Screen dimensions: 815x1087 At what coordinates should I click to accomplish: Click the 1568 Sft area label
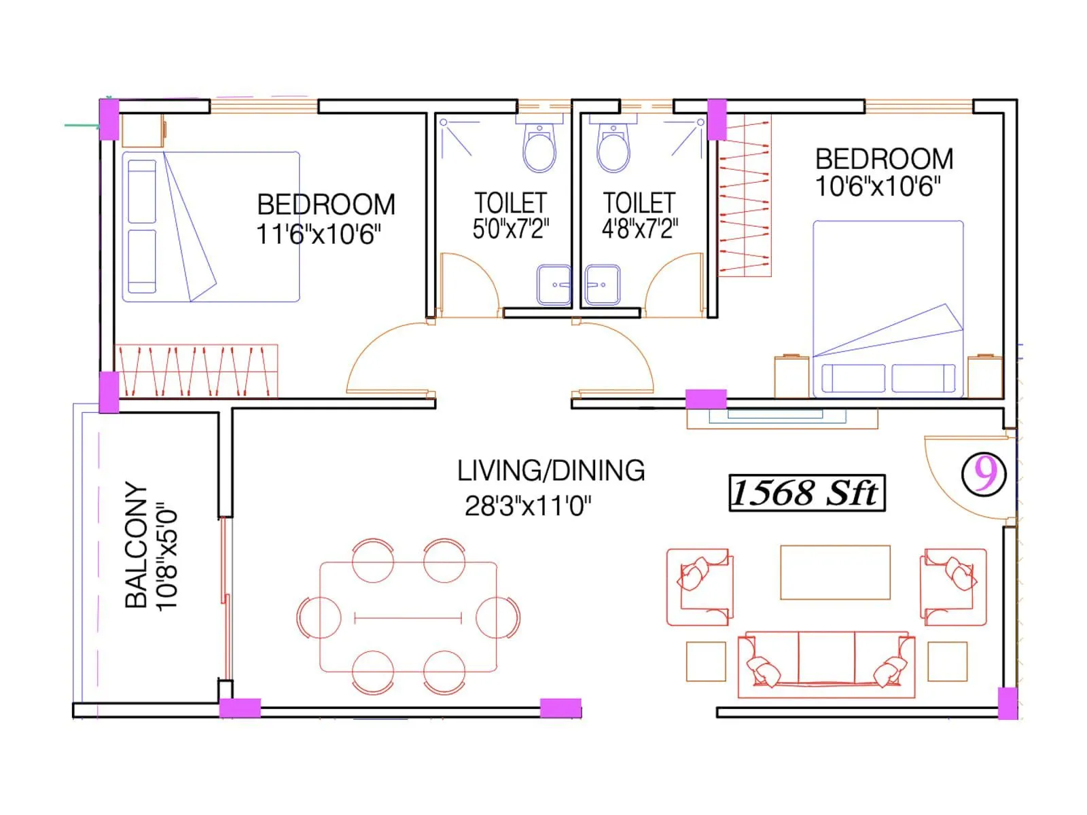click(x=806, y=492)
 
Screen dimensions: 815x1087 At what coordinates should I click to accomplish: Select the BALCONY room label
click(x=136, y=545)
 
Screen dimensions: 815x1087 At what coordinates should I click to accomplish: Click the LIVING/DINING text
click(x=550, y=471)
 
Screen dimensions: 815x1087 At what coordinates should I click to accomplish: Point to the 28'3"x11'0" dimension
click(x=528, y=506)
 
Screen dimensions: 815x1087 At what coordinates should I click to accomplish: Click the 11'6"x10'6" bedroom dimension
click(x=318, y=234)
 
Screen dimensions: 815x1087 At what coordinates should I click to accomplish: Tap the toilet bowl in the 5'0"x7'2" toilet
click(x=539, y=151)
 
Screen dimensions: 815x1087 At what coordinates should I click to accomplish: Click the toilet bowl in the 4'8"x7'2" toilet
click(x=613, y=151)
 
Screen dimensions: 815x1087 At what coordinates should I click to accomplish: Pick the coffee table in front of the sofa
click(x=835, y=572)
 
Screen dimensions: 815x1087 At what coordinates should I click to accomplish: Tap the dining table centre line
click(x=408, y=618)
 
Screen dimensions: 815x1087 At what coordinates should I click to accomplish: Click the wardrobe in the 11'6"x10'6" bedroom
click(x=196, y=371)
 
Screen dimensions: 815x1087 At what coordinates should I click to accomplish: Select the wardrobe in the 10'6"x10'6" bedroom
click(x=745, y=197)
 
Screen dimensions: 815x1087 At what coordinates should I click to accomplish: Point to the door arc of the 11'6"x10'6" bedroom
click(x=380, y=353)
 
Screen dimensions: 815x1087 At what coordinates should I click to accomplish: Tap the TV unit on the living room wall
click(x=781, y=418)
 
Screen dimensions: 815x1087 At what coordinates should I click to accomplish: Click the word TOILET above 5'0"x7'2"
click(x=510, y=202)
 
